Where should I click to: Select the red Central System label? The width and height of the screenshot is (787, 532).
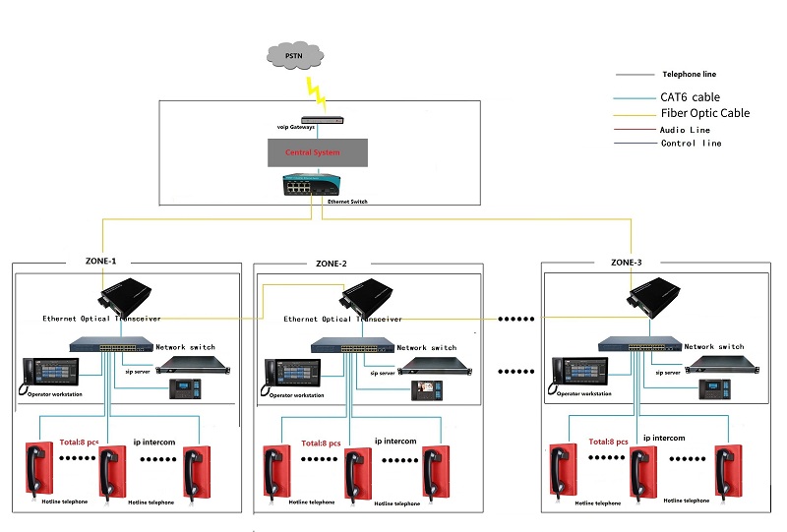point(313,152)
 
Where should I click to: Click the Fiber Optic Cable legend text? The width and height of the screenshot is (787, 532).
point(705,113)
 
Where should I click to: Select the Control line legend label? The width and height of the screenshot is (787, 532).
point(692,144)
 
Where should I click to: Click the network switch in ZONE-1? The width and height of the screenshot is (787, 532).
point(110,346)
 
